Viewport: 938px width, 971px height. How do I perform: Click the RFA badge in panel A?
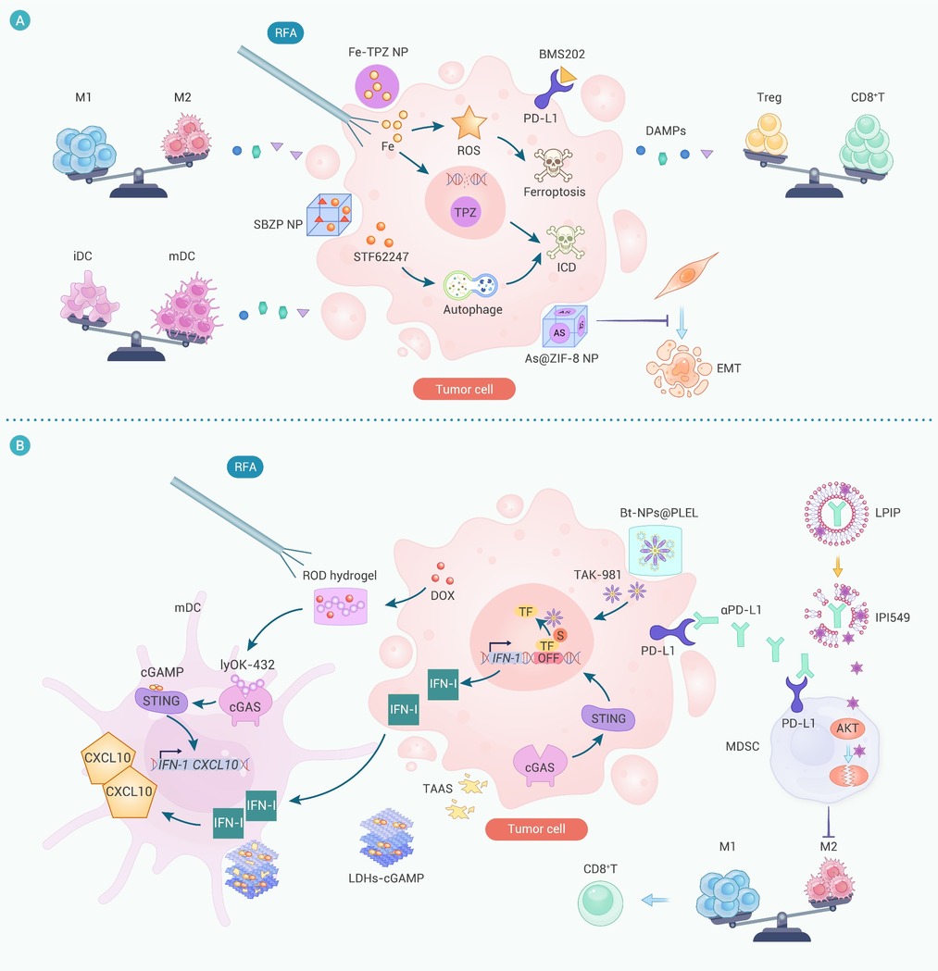[x=285, y=32]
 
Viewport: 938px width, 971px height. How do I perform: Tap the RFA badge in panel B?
[x=245, y=467]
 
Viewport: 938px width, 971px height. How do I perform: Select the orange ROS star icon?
[x=469, y=122]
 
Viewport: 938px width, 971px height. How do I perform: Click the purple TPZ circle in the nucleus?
[x=465, y=212]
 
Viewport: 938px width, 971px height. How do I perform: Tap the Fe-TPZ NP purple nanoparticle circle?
[x=377, y=86]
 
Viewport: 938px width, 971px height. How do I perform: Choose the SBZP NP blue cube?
[x=329, y=214]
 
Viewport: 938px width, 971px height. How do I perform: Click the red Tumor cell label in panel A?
[x=464, y=389]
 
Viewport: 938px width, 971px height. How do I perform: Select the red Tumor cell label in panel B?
[x=536, y=828]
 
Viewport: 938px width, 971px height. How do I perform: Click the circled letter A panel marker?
[x=19, y=20]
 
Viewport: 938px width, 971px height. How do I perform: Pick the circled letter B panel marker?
[x=19, y=445]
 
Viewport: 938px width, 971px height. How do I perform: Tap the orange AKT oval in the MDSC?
[x=847, y=728]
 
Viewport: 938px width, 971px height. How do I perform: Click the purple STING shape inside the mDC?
[x=161, y=701]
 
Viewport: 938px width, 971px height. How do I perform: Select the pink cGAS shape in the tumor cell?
[x=540, y=766]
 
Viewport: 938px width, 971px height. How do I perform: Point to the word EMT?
[x=729, y=368]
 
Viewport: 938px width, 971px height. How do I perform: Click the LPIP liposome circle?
[x=836, y=514]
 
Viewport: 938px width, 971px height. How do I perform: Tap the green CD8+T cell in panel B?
[x=600, y=903]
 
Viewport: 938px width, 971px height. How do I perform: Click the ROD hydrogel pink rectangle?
[x=341, y=605]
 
